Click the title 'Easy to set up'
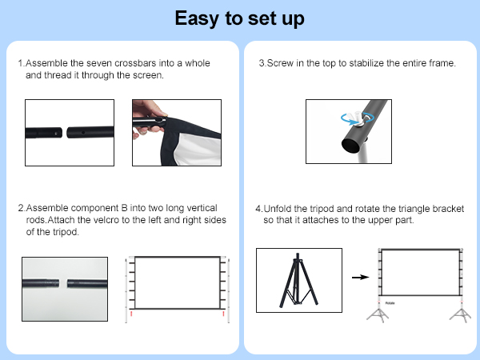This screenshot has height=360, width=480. [240, 18]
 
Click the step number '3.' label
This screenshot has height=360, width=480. [262, 62]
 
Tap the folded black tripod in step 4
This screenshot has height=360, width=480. [298, 282]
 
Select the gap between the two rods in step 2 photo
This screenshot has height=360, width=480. [64, 283]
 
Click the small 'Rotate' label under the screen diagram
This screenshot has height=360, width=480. [390, 303]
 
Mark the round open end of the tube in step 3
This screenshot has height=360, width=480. [330, 143]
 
